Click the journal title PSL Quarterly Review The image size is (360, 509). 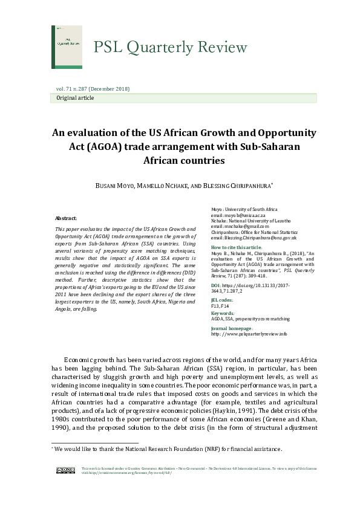click(x=170, y=48)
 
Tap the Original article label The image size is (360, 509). click(x=75, y=97)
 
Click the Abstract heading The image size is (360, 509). click(x=66, y=218)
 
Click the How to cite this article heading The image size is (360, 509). click(x=237, y=248)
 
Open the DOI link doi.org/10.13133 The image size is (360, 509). click(x=261, y=287)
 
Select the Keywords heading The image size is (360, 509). click(x=222, y=314)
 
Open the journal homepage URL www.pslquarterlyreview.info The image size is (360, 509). click(x=249, y=334)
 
